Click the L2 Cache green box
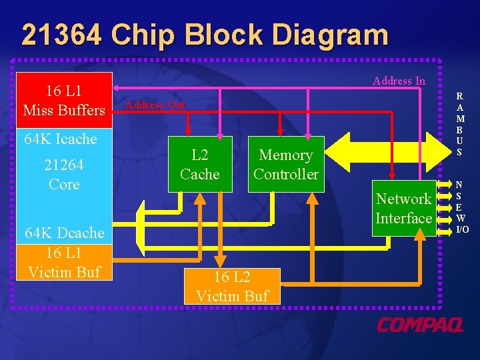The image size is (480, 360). (x=200, y=165)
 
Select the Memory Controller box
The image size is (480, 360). (x=285, y=165)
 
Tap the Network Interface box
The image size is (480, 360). (x=403, y=208)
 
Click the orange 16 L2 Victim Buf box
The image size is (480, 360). (x=232, y=287)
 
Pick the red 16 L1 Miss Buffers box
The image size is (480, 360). (x=64, y=100)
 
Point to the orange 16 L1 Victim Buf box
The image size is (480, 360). (x=64, y=262)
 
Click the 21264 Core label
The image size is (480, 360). (x=64, y=174)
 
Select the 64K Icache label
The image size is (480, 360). (x=60, y=139)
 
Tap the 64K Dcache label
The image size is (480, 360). (x=64, y=233)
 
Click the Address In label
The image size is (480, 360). (x=399, y=81)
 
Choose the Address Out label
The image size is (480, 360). (x=155, y=105)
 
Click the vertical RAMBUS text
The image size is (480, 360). (x=461, y=123)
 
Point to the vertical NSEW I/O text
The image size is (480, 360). (x=462, y=207)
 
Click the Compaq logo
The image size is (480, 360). (x=420, y=325)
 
